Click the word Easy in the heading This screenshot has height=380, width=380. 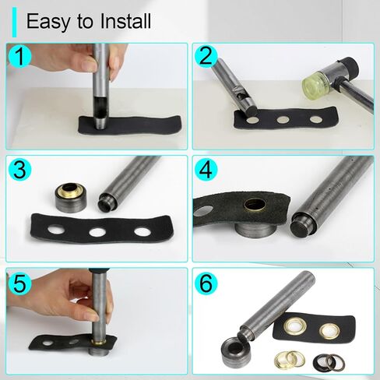tap(48, 22)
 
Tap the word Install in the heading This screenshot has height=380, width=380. tap(125, 21)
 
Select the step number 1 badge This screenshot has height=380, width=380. tap(19, 56)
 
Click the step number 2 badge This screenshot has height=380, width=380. tap(206, 56)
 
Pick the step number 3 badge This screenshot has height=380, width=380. tap(19, 169)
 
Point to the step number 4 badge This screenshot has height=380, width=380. tap(206, 169)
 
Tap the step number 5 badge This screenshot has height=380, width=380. tap(19, 283)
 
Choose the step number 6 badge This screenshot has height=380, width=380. tap(206, 283)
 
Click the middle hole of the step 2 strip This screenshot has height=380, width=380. tap(283, 120)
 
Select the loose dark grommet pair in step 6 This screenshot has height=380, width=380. tap(329, 362)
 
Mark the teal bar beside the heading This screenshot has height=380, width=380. tap(14, 22)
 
